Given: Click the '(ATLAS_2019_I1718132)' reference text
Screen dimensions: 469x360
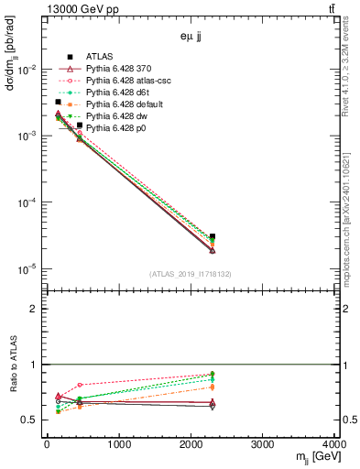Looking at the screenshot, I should pos(191,274).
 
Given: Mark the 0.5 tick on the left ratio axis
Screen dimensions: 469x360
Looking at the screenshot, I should pos(34,420).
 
